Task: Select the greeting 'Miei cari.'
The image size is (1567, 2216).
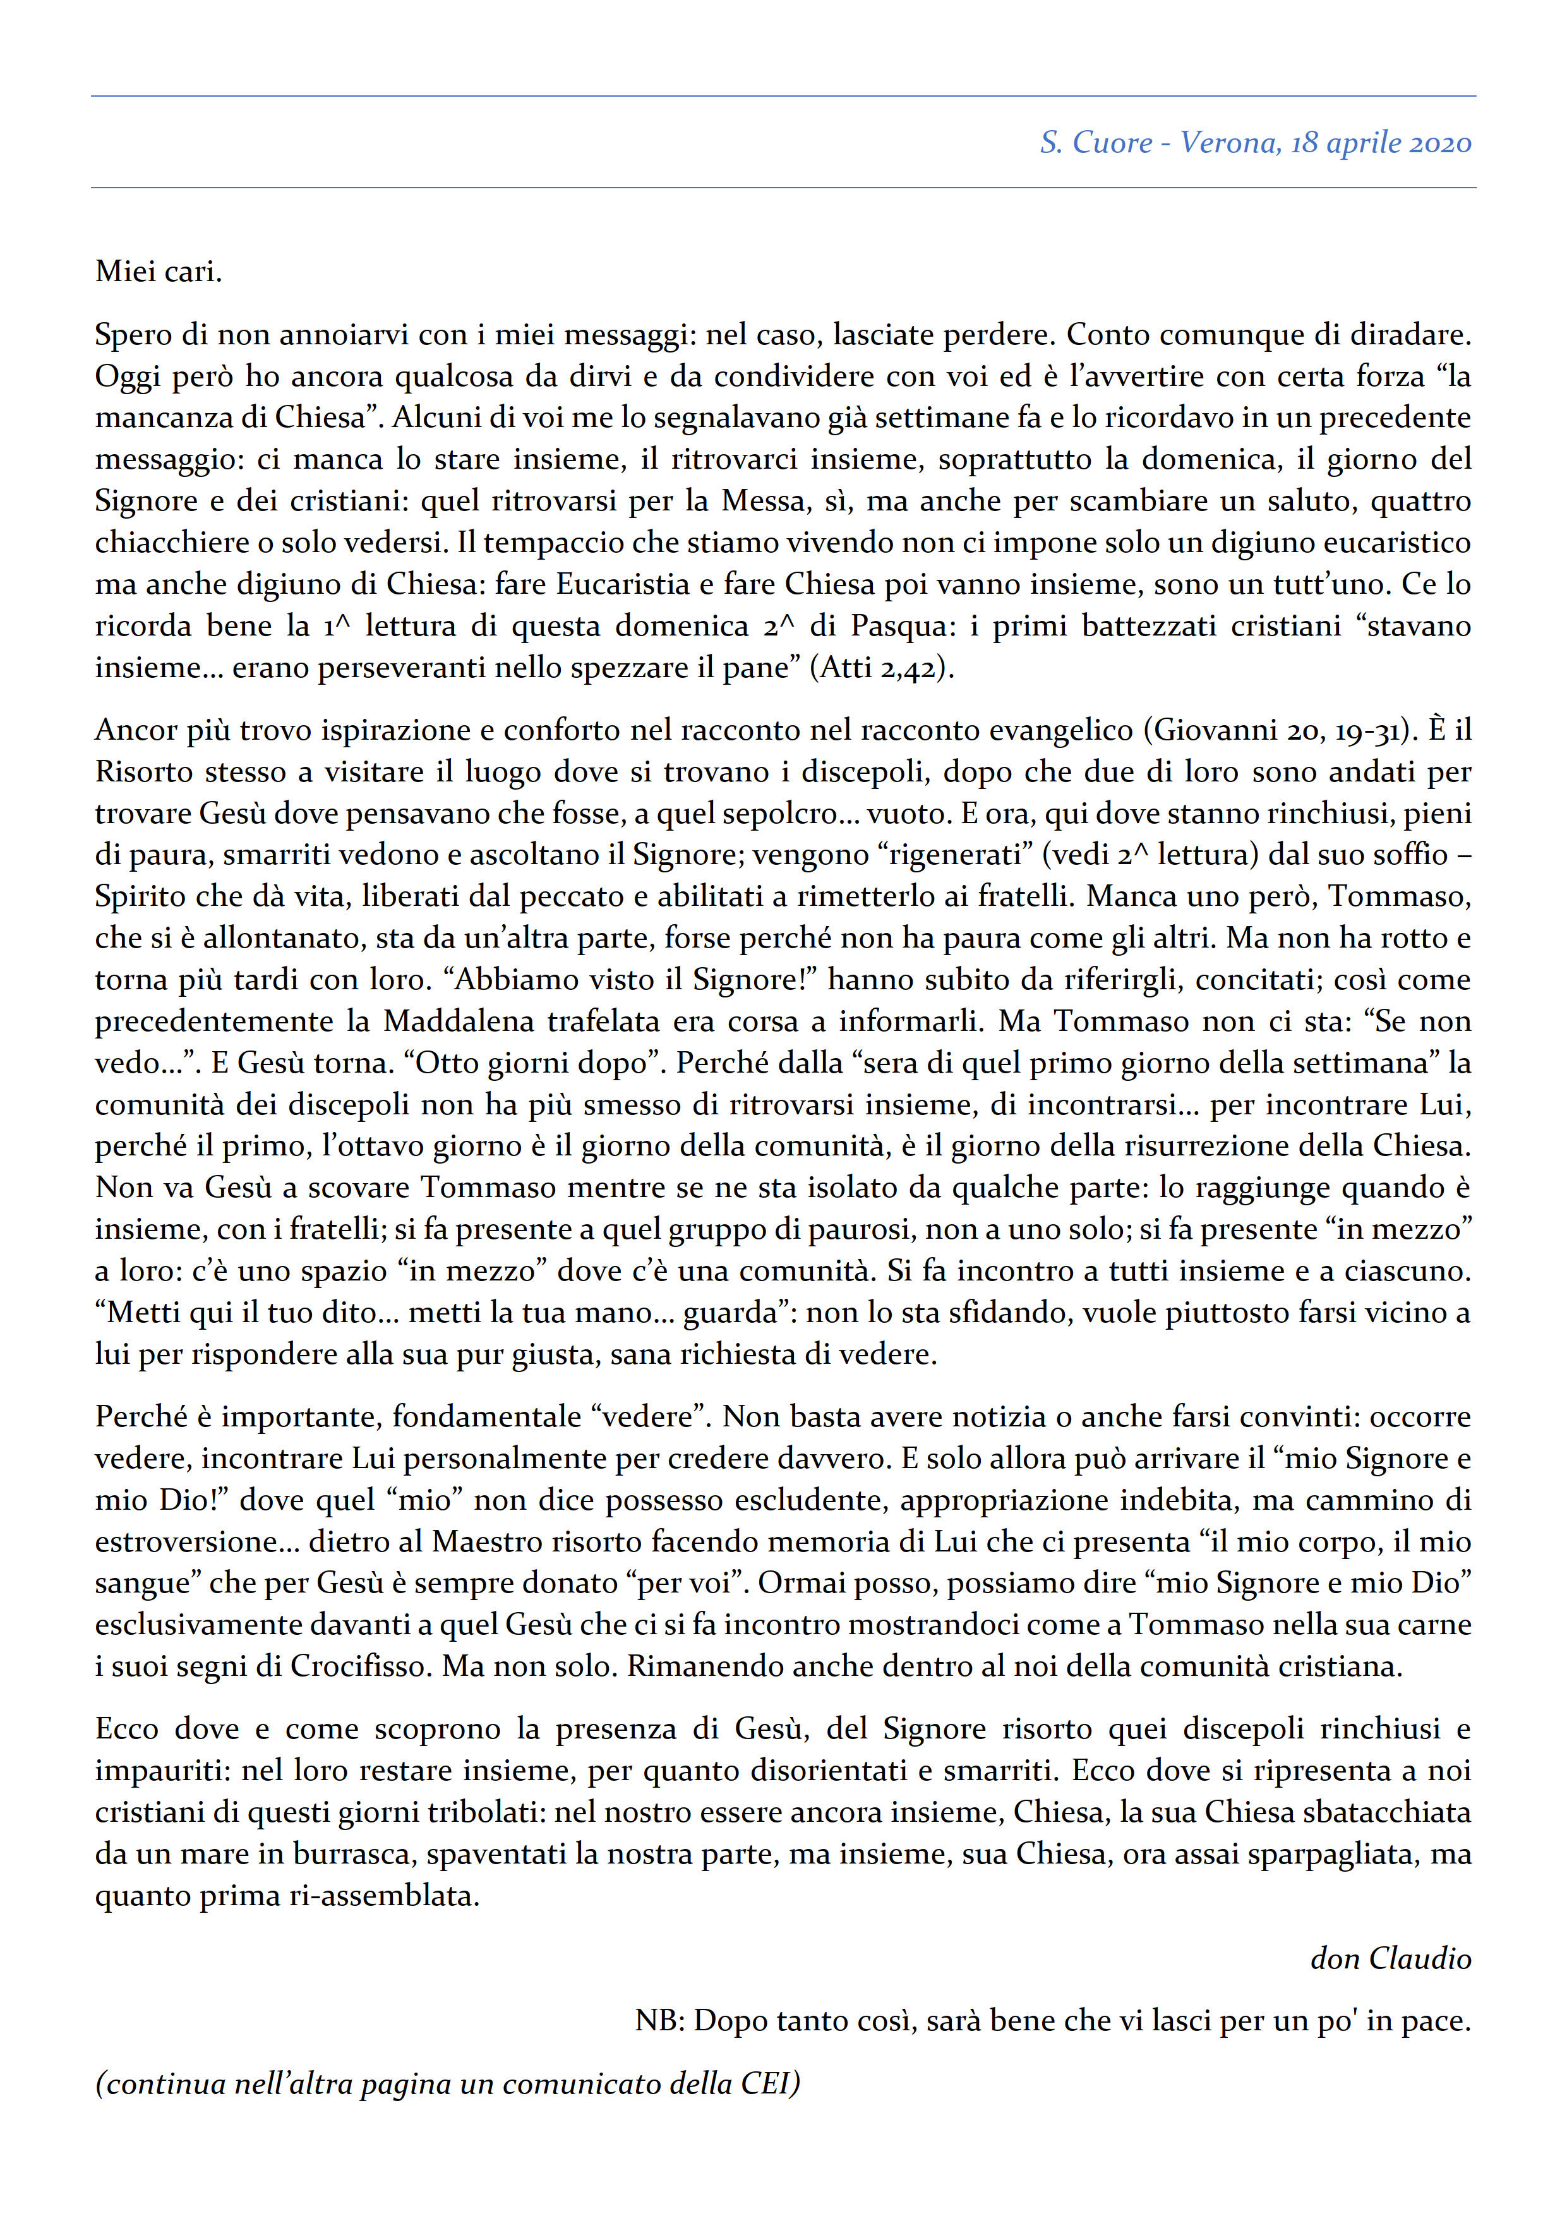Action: (x=159, y=272)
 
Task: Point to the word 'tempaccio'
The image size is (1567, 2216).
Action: (x=547, y=543)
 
